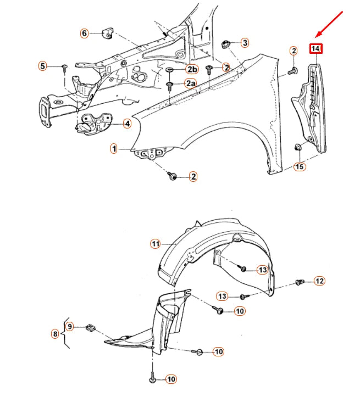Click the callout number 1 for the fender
114,148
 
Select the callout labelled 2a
191,83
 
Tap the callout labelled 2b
191,69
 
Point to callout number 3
245,42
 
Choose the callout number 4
127,124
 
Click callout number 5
42,66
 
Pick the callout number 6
84,33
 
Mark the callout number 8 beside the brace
55,333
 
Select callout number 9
70,327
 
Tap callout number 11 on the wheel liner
156,243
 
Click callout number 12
319,281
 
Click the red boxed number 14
315,49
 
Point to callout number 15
300,166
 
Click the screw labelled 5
64,68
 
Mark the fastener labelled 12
300,282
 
